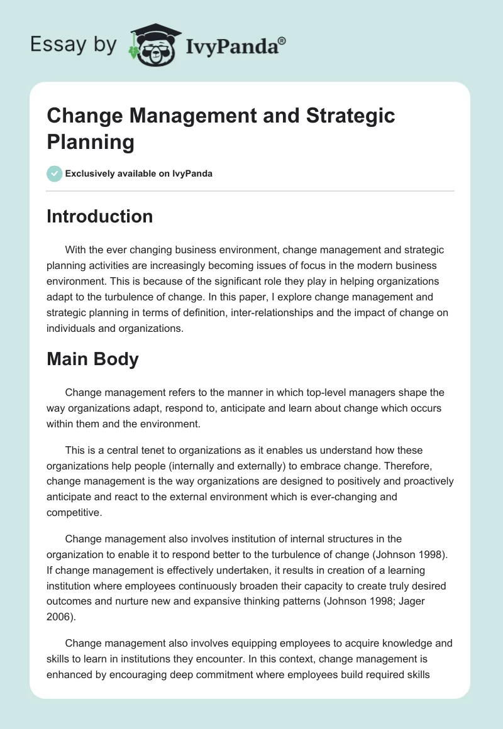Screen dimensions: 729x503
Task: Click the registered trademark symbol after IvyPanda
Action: [x=282, y=41]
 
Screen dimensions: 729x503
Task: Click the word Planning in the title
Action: [x=91, y=142]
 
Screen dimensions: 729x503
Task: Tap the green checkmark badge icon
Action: [x=55, y=173]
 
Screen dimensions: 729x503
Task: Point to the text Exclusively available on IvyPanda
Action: [x=139, y=173]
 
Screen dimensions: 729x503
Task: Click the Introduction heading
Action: [x=99, y=216]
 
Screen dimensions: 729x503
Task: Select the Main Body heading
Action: [x=92, y=359]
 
